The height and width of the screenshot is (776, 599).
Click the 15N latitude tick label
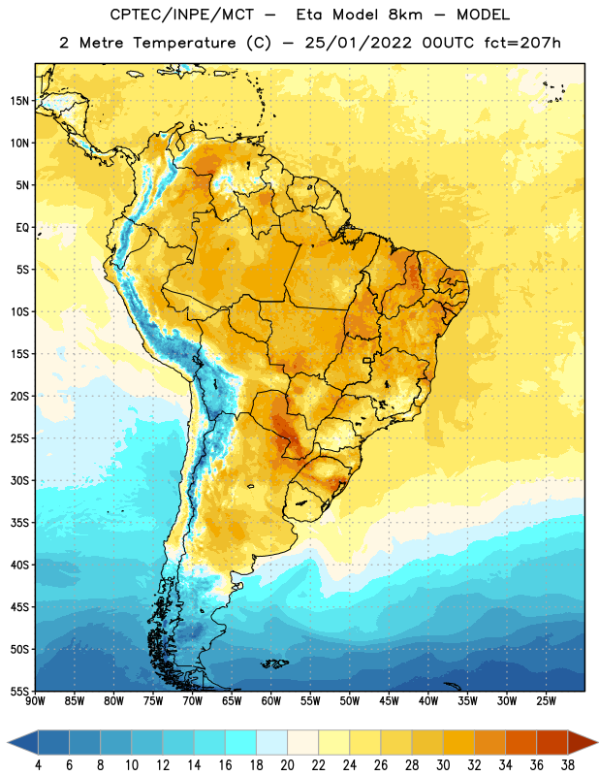coord(19,101)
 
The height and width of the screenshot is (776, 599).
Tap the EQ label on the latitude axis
coord(22,228)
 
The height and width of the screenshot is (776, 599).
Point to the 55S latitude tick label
coord(19,691)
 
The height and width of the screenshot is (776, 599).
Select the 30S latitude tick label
coord(19,480)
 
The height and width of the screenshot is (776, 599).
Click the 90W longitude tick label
coord(35,701)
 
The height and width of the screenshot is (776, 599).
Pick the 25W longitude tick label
coord(546,701)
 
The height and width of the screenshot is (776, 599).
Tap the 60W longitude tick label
coord(271,701)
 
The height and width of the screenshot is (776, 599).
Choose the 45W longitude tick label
coord(389,701)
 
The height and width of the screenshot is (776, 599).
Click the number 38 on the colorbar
coord(568,765)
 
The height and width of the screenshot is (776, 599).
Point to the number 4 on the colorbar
coord(38,765)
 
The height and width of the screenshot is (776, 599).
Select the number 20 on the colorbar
coord(287,765)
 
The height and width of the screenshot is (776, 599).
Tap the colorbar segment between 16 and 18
coord(241,742)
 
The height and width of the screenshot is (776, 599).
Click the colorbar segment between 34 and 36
coord(521,742)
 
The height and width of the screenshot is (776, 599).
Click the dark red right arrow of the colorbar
coord(583,742)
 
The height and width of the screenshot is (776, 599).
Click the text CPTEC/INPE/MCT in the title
coord(181,15)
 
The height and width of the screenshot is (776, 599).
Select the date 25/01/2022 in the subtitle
coord(358,43)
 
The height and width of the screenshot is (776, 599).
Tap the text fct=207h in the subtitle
coord(522,43)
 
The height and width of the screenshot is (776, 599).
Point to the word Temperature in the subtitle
coord(184,43)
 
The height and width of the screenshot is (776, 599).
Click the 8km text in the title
coord(405,15)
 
